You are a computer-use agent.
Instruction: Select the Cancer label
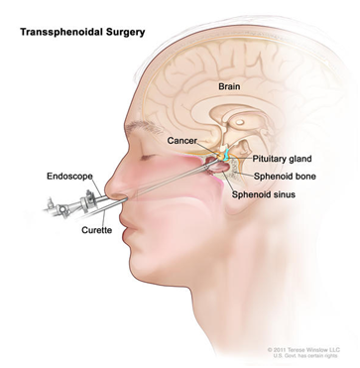pos(188,141)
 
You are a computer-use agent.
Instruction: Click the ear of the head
pos(298,213)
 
